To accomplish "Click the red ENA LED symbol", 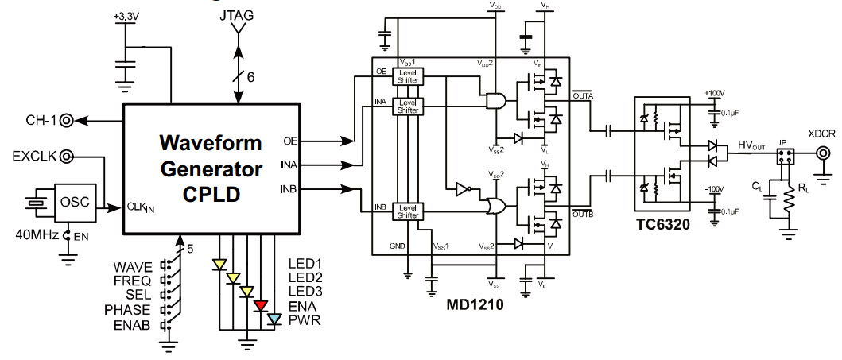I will click(260, 305).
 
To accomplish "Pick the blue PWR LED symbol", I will click(274, 319).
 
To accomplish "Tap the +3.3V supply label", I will click(125, 16).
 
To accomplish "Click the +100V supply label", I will click(712, 93).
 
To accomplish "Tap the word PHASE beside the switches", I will click(128, 309).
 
